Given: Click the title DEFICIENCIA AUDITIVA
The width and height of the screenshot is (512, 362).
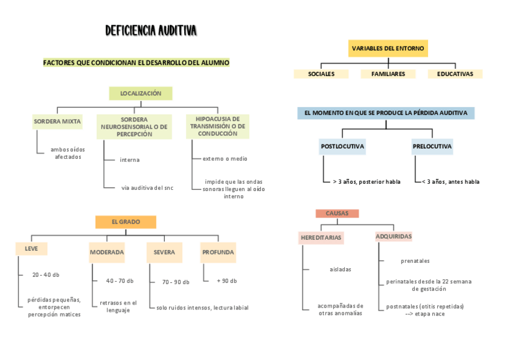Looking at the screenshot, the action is coord(151,30).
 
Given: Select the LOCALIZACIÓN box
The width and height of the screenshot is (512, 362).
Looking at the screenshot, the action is coord(141,93).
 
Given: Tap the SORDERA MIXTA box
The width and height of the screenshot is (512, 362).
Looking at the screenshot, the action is coord(57,121).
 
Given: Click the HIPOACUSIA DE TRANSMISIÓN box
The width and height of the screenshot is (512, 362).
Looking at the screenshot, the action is coord(217,126).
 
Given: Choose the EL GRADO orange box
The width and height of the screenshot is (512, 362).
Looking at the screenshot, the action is coord(126,222).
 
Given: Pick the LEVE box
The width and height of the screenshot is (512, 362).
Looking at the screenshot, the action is coord(31,248).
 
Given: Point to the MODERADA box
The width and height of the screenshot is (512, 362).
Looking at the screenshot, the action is coord(107,252).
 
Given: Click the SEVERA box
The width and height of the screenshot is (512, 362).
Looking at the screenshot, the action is coord(164,252).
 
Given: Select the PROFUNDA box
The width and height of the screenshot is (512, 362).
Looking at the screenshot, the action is coord(218,252).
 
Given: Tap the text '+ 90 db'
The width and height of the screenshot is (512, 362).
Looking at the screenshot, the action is coord(227,281).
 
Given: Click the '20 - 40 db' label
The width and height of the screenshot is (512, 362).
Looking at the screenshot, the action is coord(46,274).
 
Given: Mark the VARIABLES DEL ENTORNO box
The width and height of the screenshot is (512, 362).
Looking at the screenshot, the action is coord(388,48).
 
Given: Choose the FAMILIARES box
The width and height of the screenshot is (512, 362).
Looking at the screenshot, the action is coord(388,74).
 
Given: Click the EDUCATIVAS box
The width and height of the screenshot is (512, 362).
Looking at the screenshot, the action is coord(455,74).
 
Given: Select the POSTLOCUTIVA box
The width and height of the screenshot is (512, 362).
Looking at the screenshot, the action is coord(342,146).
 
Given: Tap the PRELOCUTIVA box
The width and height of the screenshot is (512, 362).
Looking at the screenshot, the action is coord(432,146).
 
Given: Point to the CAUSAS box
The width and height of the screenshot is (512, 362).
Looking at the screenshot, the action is coord(337,213).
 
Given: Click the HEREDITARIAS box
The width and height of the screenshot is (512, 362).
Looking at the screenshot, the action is coord(321,238).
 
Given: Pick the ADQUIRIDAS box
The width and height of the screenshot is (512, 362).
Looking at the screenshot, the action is coord(394,236).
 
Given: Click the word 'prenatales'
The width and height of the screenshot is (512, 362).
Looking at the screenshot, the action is coord(415,261).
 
